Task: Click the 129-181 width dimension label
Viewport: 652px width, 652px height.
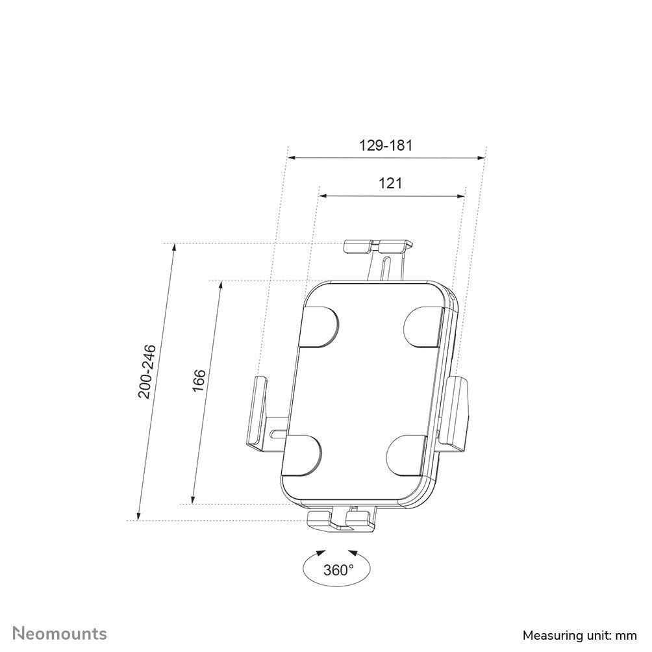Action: click(x=386, y=145)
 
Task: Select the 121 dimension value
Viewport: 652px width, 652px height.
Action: click(x=390, y=184)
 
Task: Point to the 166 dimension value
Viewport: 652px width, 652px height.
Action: click(x=199, y=380)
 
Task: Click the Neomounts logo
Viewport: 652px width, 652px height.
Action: click(x=60, y=633)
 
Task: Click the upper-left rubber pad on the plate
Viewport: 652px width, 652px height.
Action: click(x=320, y=325)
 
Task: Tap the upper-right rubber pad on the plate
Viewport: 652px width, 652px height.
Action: click(x=423, y=325)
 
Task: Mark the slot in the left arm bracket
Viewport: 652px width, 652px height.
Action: click(x=278, y=430)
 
